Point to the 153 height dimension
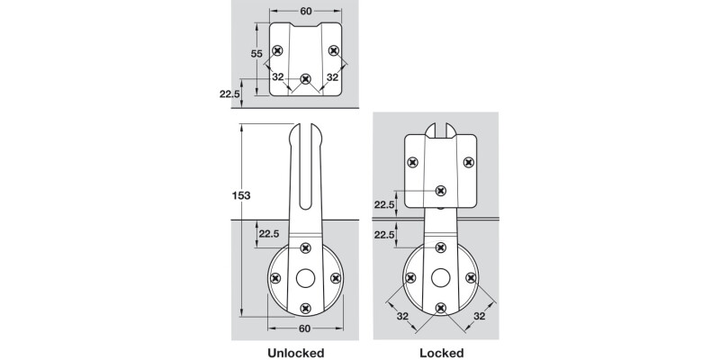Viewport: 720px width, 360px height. tap(240, 195)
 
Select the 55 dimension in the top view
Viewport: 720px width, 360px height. tap(256, 54)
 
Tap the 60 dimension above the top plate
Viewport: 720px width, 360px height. tap(305, 10)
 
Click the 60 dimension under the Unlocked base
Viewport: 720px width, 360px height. tap(304, 328)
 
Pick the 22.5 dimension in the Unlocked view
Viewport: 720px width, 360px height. tap(269, 234)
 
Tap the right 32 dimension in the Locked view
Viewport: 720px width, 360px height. tap(480, 316)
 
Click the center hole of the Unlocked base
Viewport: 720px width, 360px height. tap(304, 278)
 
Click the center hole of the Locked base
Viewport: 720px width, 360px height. tap(440, 278)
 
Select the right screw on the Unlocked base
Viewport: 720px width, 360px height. tap(335, 278)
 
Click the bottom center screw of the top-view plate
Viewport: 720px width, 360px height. tap(305, 79)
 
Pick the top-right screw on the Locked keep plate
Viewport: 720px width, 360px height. tap(468, 162)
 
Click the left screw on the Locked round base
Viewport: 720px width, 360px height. tap(410, 278)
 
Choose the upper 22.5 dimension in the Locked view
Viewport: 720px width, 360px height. tap(384, 204)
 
